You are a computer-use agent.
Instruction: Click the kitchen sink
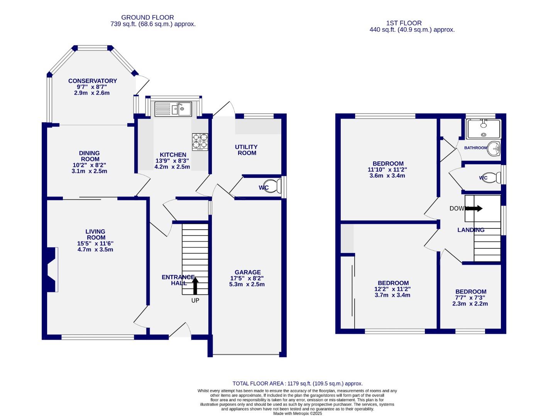pos(173,109)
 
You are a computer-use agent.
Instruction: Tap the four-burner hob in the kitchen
pos(200,141)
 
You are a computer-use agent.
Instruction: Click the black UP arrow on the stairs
pos(195,286)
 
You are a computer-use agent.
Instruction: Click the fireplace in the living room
pos(52,269)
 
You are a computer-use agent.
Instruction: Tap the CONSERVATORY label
pos(93,81)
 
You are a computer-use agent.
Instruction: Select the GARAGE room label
pos(247,272)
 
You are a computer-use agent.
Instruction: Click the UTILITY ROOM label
pos(246,150)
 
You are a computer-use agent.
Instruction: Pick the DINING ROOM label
pos(90,156)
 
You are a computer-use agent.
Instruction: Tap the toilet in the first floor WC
pos(494,178)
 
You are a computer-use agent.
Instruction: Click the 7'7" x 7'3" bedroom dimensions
pos(470,298)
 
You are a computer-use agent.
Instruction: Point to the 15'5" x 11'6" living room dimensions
pos(95,243)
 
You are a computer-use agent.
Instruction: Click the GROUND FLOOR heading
pos(147,17)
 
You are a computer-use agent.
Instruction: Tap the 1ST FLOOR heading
pos(404,23)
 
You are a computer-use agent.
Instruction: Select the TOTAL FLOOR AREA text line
pos(298,384)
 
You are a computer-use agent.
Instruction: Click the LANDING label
pos(471,230)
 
